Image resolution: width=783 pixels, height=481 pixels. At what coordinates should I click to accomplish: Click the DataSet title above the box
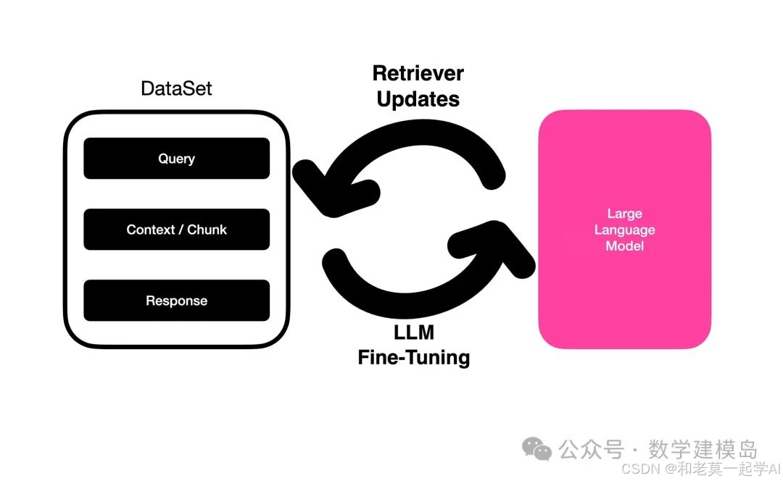pos(176,89)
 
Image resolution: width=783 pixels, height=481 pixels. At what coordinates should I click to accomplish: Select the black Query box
pos(176,159)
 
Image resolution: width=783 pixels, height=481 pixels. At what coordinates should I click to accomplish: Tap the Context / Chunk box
pos(176,230)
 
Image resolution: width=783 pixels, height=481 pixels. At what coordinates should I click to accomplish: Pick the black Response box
pos(176,301)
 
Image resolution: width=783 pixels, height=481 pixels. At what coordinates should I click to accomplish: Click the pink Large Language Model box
pos(624,290)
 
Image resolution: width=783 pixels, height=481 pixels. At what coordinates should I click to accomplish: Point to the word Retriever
pos(418,73)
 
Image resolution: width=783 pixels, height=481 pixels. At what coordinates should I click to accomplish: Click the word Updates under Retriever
pos(418,99)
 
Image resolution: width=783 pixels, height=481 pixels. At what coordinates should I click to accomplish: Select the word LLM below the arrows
pos(413,334)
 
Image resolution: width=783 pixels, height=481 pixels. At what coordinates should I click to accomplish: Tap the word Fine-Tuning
pos(413,358)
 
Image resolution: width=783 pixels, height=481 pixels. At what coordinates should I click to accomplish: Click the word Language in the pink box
pos(624,230)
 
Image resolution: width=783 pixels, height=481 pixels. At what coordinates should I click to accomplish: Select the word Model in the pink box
pos(624,246)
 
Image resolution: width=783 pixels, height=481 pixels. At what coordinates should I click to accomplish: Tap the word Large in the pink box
pos(624,214)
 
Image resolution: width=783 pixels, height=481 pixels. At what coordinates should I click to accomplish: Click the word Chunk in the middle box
pos(207,230)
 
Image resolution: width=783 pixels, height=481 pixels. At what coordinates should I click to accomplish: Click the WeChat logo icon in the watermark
pos(537,449)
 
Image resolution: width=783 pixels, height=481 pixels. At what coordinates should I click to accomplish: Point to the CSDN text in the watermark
pos(639,468)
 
